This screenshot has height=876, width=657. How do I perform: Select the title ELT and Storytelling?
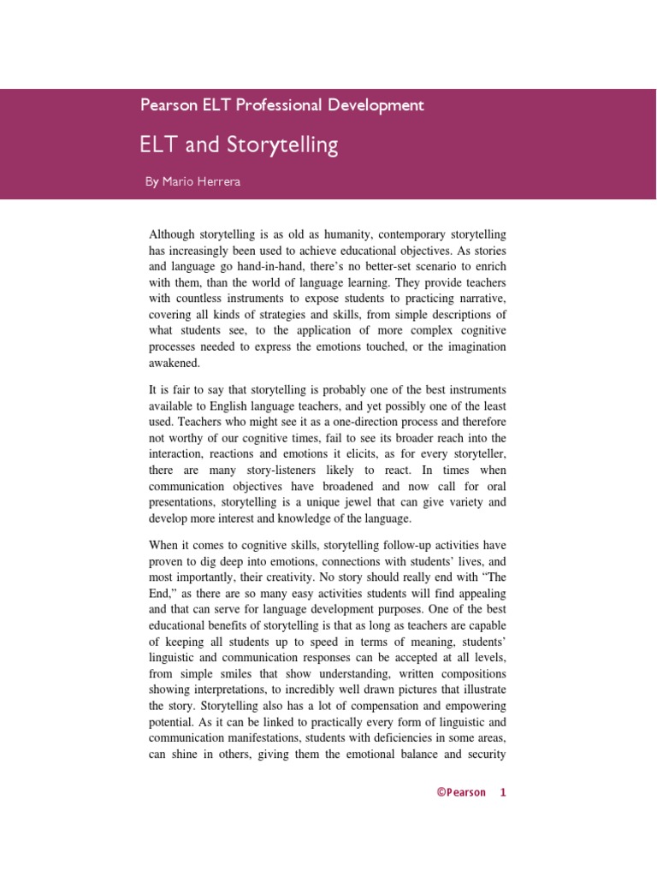point(239,145)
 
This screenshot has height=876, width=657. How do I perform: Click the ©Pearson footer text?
point(460,792)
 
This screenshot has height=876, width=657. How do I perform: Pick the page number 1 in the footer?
point(503,792)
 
